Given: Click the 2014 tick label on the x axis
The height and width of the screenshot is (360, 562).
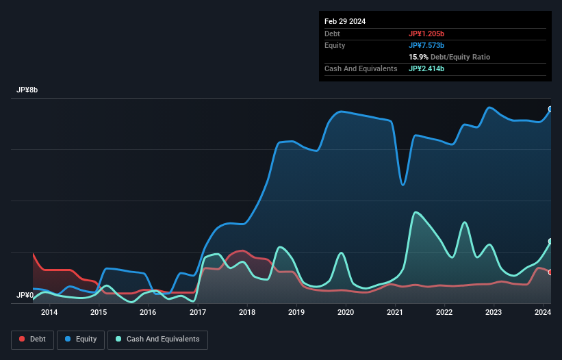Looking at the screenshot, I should coord(49,313).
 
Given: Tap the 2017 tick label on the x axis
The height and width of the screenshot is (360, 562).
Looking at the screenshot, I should coord(198,313).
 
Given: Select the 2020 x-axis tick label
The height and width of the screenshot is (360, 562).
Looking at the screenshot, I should coord(346,313).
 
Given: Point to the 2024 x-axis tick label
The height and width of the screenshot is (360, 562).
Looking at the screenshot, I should coord(543,313).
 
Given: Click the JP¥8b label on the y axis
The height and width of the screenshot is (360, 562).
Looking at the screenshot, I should coord(28,90).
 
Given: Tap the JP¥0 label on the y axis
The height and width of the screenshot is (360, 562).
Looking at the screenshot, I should coord(25,295).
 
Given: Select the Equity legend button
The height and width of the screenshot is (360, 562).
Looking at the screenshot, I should coord(81,339).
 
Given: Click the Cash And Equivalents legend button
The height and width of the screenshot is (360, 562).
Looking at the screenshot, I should coord(157,339).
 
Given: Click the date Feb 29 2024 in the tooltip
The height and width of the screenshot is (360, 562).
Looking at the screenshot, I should coord(345,21).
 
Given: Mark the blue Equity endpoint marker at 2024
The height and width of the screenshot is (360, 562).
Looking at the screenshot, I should coord(550,110).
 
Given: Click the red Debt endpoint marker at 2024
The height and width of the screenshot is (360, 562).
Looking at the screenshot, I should coord(550,272).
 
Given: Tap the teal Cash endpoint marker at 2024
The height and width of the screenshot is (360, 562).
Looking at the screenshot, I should coord(550,242).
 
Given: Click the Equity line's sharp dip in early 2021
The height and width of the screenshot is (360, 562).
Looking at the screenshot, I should coord(403,185).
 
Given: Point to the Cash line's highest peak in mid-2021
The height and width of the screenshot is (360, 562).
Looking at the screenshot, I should coord(415,212).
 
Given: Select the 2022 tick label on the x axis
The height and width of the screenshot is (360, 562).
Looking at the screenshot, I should coord(444,313).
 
